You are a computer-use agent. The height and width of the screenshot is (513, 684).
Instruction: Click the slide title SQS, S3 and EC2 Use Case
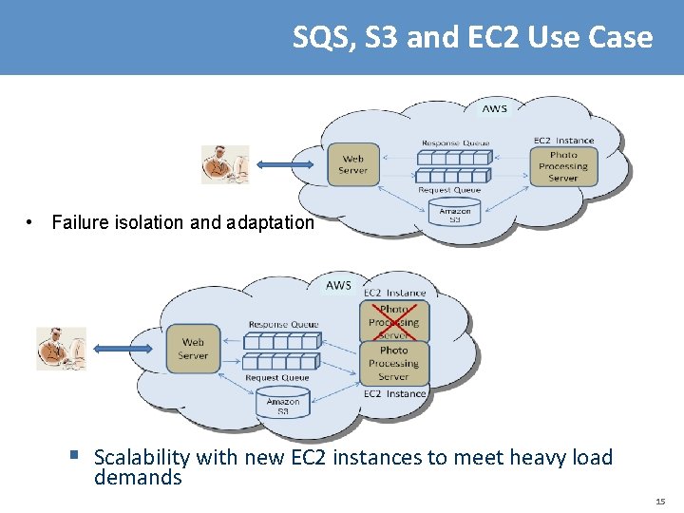pos(472,37)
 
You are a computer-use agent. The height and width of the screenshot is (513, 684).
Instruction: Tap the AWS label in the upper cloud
pos(494,108)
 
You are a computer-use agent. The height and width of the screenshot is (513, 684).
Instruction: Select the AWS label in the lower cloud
pos(338,285)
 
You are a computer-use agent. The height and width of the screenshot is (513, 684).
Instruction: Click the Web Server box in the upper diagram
pos(352,164)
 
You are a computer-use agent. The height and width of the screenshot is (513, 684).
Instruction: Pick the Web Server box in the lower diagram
pos(192,349)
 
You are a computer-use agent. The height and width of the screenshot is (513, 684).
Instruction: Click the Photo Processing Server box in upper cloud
pos(562,166)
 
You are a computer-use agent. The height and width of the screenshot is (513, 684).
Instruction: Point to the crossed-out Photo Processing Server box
pos(393,322)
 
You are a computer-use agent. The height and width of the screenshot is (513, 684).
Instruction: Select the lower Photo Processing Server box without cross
pos(393,363)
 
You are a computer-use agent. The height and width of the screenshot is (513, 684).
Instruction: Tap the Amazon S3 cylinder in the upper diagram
pos(454,214)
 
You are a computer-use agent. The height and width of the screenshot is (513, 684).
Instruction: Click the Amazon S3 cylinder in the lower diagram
pos(282,403)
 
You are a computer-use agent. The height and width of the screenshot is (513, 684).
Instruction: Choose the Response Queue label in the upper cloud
pos(455,143)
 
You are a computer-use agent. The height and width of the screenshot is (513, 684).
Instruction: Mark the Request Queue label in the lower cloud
pos(275,378)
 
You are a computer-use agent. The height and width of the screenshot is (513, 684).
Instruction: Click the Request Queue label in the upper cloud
pos(449,190)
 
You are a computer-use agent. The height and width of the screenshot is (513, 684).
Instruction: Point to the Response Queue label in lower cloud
pos(283,325)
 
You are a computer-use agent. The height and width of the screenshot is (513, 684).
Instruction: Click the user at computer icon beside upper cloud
pos(225,164)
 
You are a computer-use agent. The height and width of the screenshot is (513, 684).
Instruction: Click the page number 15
pos(660,501)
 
